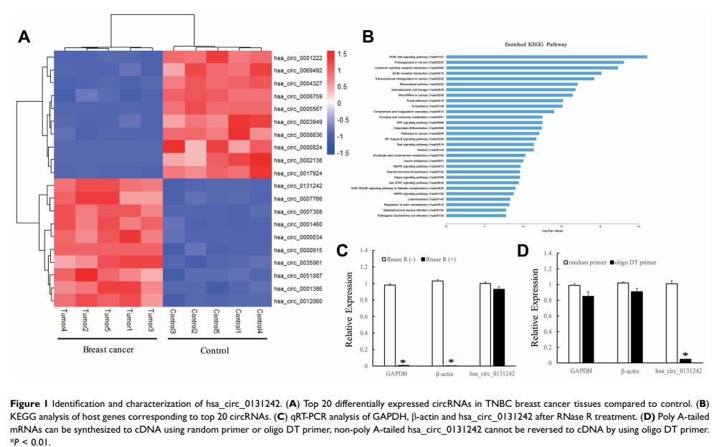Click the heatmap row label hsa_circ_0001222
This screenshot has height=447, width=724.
coord(297,57)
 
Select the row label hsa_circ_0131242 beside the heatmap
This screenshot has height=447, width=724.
coord(297,185)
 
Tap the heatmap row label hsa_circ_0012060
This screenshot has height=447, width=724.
coord(297,301)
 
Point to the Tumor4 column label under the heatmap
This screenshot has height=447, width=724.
coord(64,321)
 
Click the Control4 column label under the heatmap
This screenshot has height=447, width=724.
coord(260,321)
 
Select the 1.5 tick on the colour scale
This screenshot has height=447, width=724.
coord(343,54)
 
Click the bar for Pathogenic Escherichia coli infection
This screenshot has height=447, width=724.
coord(477,215)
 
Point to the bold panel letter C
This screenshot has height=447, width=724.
coord(343,251)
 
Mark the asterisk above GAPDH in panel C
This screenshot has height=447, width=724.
coord(403,362)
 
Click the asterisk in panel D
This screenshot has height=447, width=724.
coord(686,355)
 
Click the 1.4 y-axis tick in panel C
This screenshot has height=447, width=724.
coord(363,251)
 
